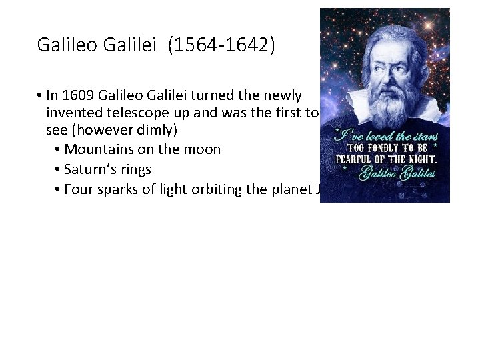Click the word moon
203,149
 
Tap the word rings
135,169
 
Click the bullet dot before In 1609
41,95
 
